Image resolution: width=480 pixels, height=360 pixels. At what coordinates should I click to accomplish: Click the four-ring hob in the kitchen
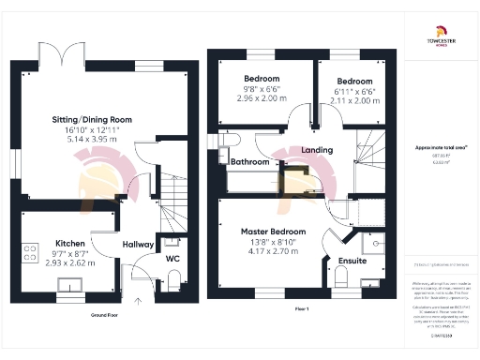(30, 251)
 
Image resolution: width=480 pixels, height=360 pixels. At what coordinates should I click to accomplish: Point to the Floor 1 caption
(302, 308)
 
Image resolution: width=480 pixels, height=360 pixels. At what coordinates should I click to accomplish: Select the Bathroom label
(251, 162)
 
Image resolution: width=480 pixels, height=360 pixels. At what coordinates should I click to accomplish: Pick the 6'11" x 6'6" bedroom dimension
(354, 93)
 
